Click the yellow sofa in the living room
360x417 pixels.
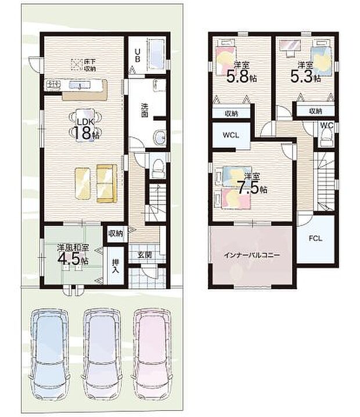pos(107,184)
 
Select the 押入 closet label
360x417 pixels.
pos(116,265)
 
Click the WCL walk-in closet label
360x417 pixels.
pos(229,137)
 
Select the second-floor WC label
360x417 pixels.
pos(326,125)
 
